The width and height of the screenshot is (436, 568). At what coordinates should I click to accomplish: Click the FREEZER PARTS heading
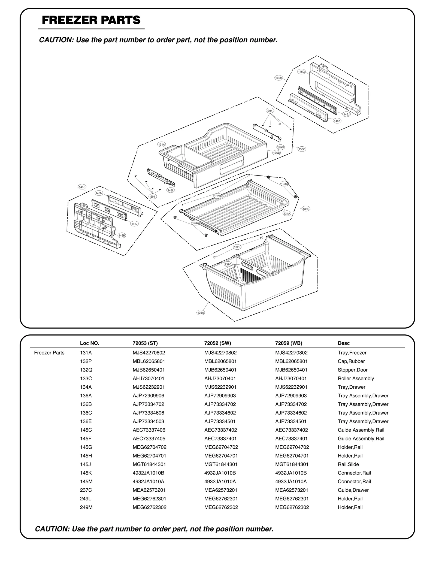pos(91,20)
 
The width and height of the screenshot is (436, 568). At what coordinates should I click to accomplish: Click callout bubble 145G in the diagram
pos(301,72)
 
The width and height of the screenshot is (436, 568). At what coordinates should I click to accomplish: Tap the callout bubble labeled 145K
pos(337,121)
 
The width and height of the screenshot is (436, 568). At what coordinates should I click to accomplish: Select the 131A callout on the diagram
pos(162,144)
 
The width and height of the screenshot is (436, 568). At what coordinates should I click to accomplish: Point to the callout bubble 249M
pos(280,147)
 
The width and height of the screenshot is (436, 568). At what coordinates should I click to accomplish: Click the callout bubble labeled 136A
pos(201,313)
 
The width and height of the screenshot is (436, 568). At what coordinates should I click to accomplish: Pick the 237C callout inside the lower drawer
pos(228,264)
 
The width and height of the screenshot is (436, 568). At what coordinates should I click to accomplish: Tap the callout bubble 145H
pos(122,235)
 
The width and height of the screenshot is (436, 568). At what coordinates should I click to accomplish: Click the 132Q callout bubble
pos(217,196)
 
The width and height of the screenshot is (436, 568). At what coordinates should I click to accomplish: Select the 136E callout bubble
pos(306,209)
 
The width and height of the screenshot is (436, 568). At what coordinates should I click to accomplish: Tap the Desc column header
pos(344,343)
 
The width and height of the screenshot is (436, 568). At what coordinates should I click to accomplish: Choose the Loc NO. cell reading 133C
pos(86,378)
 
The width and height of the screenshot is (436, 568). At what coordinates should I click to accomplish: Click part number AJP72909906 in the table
pos(149,395)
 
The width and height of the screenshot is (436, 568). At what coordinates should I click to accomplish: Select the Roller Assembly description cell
pos(356,378)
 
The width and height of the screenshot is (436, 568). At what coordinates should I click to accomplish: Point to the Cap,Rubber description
pos(351,361)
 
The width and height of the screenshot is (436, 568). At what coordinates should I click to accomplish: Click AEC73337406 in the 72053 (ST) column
pos(149,430)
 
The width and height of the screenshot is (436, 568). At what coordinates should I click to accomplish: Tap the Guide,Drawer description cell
pos(353,490)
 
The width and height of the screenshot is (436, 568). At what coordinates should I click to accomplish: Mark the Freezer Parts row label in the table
pos(49,353)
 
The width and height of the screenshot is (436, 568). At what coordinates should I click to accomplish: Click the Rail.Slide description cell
pos(348,464)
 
